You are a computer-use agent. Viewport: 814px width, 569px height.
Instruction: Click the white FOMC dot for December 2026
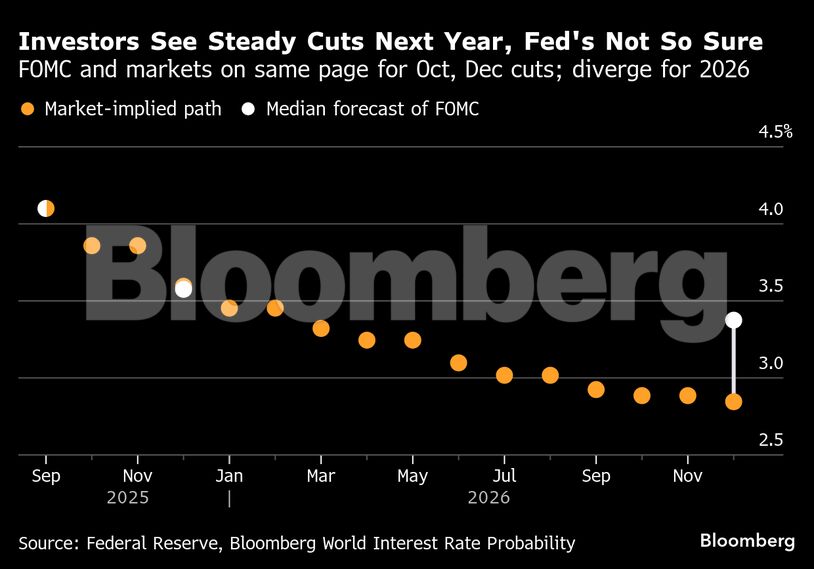pyautogui.click(x=733, y=320)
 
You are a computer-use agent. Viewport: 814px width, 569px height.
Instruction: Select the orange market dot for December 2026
pyautogui.click(x=733, y=402)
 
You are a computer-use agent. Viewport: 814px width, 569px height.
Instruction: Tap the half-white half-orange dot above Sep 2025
pyautogui.click(x=46, y=208)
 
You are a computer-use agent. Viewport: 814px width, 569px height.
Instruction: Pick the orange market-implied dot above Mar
pyautogui.click(x=321, y=328)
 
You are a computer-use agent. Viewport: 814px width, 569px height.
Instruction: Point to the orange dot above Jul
pyautogui.click(x=504, y=375)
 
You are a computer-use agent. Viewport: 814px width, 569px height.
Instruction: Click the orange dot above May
pyautogui.click(x=412, y=340)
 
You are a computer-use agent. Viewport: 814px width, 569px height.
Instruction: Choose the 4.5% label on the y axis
pyautogui.click(x=774, y=132)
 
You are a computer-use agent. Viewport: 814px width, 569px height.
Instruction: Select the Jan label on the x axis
pyautogui.click(x=229, y=475)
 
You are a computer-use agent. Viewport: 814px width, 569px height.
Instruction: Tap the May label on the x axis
pyautogui.click(x=412, y=475)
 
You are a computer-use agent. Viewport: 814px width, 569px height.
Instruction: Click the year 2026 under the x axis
pyautogui.click(x=488, y=497)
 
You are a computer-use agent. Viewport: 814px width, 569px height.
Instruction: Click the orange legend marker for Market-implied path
pyautogui.click(x=27, y=109)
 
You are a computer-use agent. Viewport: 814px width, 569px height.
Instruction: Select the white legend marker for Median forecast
pyautogui.click(x=248, y=109)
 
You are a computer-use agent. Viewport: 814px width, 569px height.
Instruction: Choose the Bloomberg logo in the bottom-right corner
pyautogui.click(x=747, y=541)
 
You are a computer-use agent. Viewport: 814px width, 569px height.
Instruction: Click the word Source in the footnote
pyautogui.click(x=48, y=543)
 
